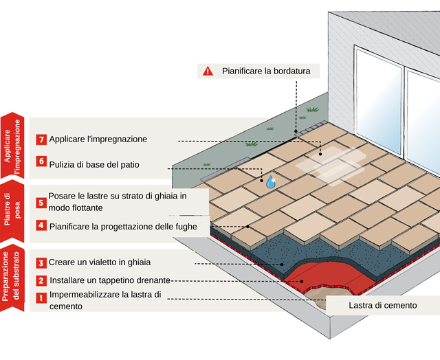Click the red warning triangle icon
point(208,71)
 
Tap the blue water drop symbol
point(270,181)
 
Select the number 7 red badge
point(41,139)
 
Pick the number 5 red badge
point(41,203)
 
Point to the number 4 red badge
point(41,225)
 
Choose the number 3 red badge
point(41,263)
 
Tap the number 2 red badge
point(41,280)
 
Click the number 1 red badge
point(41,298)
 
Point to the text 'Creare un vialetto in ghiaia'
point(99,263)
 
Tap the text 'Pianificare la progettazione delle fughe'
point(123,225)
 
